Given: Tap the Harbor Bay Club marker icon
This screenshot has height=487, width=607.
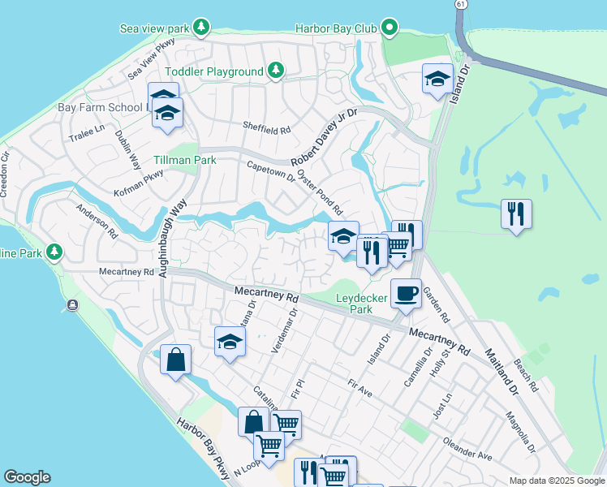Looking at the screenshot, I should pyautogui.click(x=390, y=28).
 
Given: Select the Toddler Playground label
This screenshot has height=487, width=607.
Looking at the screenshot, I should pyautogui.click(x=216, y=71).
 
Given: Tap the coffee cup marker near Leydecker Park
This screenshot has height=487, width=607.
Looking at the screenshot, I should pyautogui.click(x=406, y=293).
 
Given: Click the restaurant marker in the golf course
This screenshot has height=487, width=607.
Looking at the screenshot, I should pyautogui.click(x=516, y=214).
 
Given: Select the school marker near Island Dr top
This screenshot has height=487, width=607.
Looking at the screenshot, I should pyautogui.click(x=437, y=80).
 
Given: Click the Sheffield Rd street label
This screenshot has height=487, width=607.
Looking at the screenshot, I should pyautogui.click(x=267, y=129).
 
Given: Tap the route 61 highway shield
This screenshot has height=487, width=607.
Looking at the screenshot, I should pyautogui.click(x=461, y=5).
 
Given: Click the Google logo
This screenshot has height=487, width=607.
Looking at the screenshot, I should pyautogui.click(x=27, y=477).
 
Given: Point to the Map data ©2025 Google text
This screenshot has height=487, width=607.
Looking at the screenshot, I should pyautogui.click(x=555, y=481).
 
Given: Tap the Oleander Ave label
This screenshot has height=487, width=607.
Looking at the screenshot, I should pyautogui.click(x=467, y=450).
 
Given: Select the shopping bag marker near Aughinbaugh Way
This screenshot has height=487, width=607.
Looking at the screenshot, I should pyautogui.click(x=176, y=359).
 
